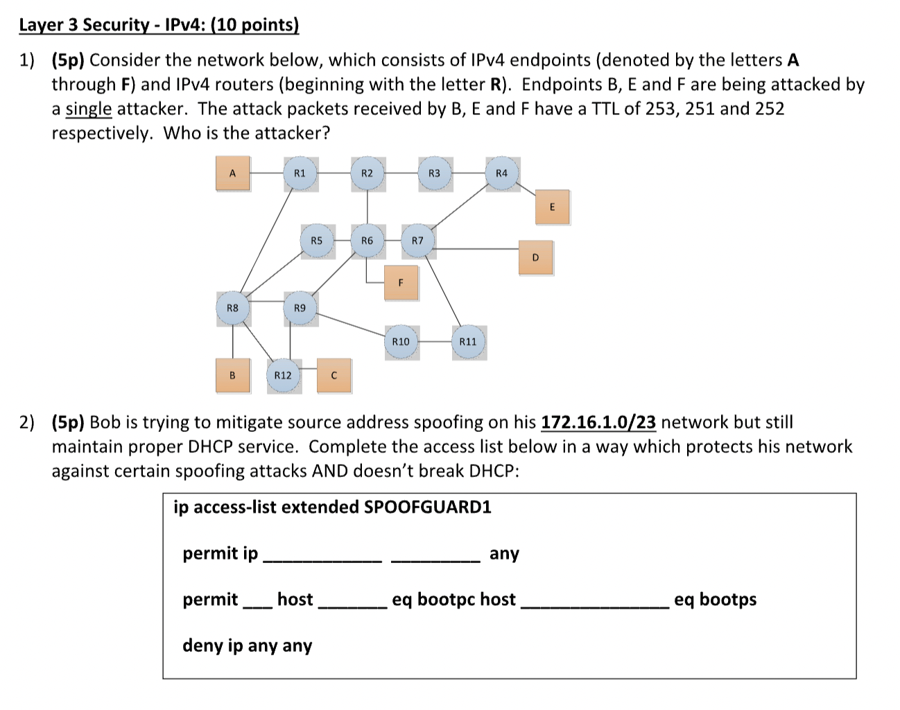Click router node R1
(x=300, y=173)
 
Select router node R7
(x=417, y=241)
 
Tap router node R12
(x=283, y=375)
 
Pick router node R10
(x=401, y=342)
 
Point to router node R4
(x=501, y=173)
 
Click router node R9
(x=300, y=308)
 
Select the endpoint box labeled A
(x=232, y=173)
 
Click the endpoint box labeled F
(x=401, y=282)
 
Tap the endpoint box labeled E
(x=552, y=207)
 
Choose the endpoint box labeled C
(x=334, y=375)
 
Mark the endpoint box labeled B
(x=232, y=375)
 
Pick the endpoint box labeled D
(x=535, y=257)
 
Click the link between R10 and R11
(x=435, y=342)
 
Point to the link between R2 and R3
(x=400, y=173)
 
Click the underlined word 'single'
(x=88, y=109)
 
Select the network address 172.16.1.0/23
(x=598, y=422)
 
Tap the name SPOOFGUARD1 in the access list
(x=428, y=507)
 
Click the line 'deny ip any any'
(x=247, y=646)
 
